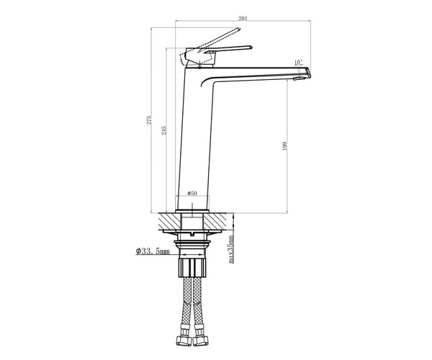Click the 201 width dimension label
click(243, 19)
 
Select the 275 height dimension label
click(149, 120)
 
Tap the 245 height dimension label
click(164, 130)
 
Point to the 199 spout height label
click(284, 145)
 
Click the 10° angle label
click(298, 63)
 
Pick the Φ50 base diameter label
click(192, 194)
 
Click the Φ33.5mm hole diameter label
click(153, 251)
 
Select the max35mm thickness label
click(231, 249)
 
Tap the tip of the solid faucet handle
click(251, 48)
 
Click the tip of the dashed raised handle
click(239, 29)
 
